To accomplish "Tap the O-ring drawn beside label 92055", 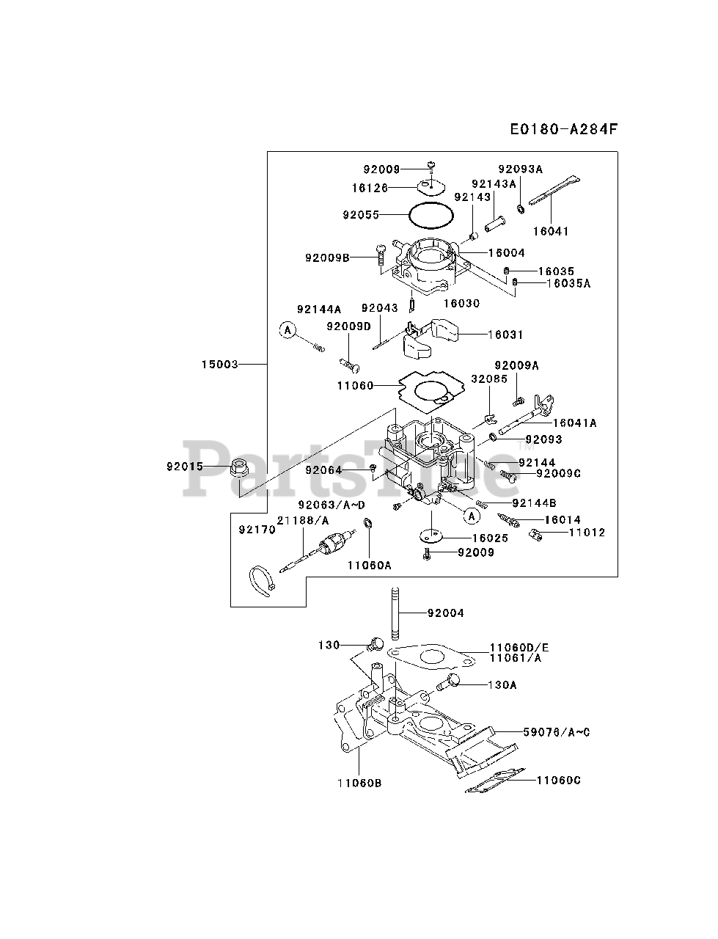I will point(431,216).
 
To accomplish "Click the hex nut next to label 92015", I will point(238,466).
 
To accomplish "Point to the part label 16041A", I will point(574,423).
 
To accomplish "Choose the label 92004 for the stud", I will point(444,613).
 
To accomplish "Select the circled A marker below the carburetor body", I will point(472,516).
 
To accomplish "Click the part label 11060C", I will point(558,780).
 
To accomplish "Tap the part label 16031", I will point(505,335).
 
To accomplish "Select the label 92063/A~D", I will point(331,505).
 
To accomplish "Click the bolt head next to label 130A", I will point(453,682).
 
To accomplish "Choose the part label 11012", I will point(587,533).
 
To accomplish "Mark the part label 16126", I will point(369,188).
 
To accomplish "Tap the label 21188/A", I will point(303,520).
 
